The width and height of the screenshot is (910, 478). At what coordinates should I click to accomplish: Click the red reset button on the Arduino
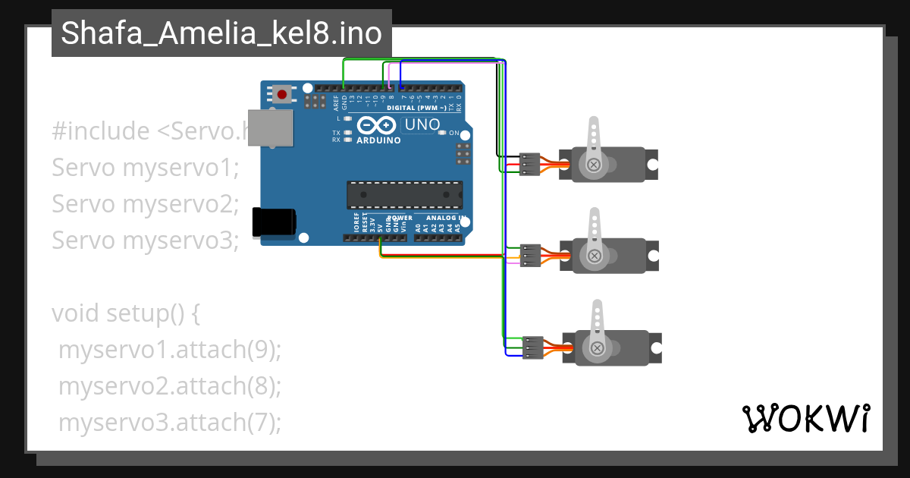click(x=282, y=95)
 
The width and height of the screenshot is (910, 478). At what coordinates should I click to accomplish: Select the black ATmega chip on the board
click(x=404, y=195)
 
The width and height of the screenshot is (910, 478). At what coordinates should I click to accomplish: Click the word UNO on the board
click(x=422, y=124)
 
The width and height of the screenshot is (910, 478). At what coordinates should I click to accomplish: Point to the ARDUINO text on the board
click(x=378, y=140)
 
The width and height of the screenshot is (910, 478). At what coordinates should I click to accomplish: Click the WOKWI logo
click(x=805, y=419)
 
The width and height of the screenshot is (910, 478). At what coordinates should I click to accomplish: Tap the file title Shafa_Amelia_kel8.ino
click(x=221, y=33)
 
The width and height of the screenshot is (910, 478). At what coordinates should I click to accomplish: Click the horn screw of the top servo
click(x=594, y=164)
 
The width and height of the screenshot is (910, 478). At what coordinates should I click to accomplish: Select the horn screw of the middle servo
click(x=595, y=256)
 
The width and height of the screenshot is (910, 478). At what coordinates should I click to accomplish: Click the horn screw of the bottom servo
click(x=598, y=348)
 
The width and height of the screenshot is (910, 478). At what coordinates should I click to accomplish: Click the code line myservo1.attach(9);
click(x=170, y=351)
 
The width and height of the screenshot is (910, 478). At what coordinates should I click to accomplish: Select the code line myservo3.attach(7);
click(x=170, y=422)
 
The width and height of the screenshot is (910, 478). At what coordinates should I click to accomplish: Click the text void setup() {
click(x=126, y=313)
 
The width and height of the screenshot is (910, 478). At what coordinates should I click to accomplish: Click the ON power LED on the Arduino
click(x=443, y=134)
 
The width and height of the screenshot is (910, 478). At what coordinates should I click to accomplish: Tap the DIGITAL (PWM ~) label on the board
click(x=416, y=108)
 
